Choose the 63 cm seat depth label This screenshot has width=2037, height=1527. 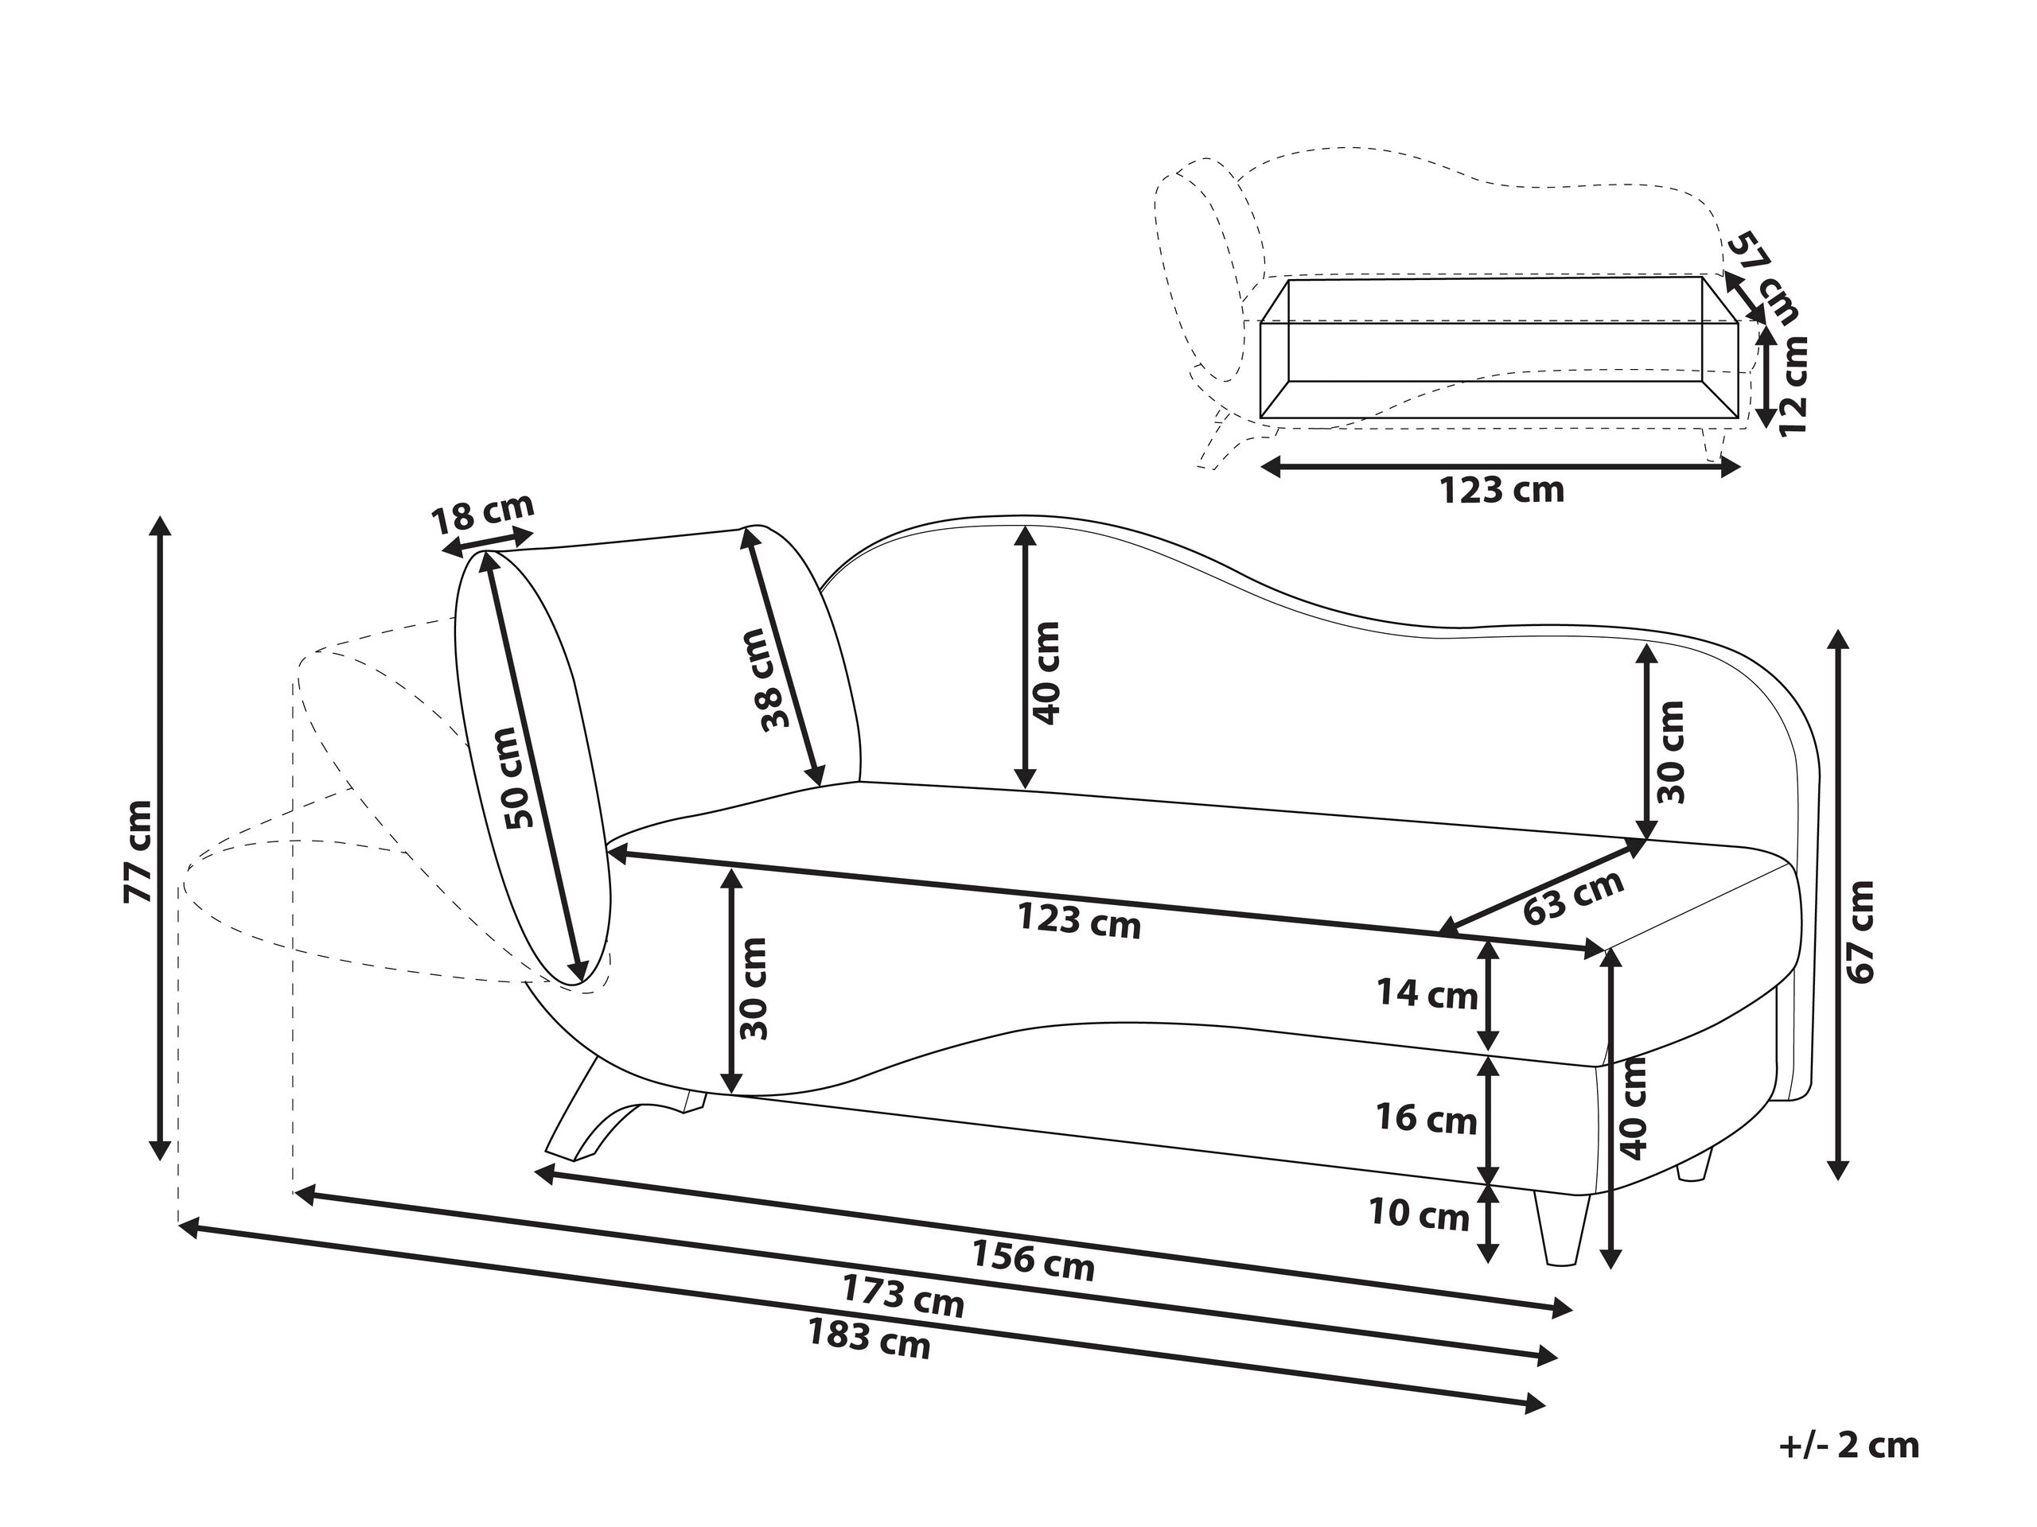1573,896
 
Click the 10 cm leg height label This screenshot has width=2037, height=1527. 1419,1215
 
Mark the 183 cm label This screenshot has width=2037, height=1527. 870,1339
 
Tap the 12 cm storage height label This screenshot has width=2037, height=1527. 1793,386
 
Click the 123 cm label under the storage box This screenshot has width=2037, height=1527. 1502,491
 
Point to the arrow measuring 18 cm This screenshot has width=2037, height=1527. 487,543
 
